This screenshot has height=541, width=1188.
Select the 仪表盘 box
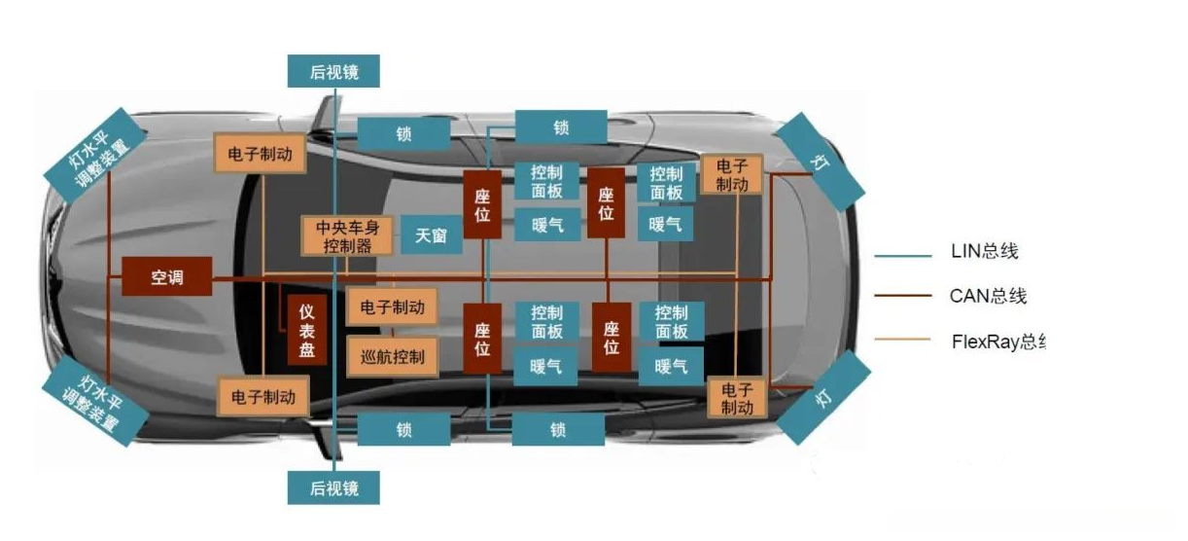306,331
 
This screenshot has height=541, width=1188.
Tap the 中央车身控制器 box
348,236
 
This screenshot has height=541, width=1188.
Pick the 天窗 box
431,234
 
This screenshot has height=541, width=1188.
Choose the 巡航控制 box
393,357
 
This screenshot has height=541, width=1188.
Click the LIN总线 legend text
985,252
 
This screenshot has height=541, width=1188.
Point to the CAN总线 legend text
988,296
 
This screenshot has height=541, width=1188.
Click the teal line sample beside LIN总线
904,255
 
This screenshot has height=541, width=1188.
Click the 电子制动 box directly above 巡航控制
393,307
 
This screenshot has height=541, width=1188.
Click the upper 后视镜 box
333,72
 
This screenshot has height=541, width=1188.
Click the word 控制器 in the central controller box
348,246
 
